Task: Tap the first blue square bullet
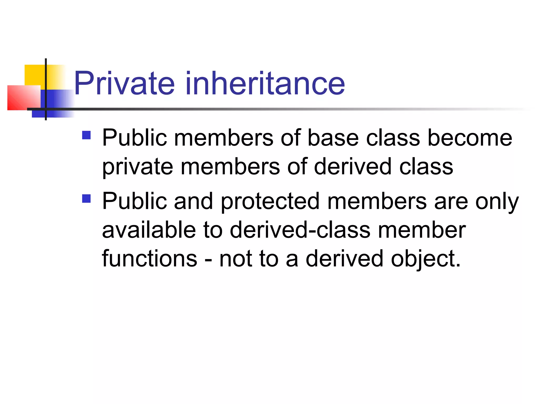(86, 135)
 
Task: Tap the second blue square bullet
(86, 199)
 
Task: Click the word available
(149, 230)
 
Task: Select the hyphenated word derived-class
(300, 230)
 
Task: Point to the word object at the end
(425, 259)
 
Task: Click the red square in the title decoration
(24, 98)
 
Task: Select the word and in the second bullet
(193, 201)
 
